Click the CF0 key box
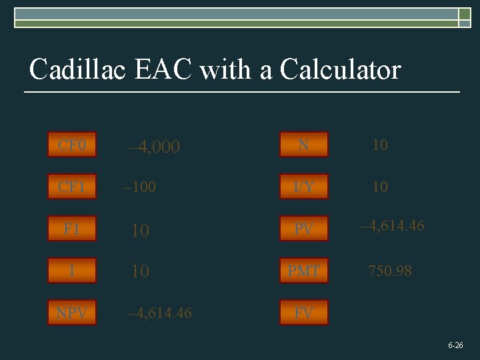coord(72,145)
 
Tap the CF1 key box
coord(72,187)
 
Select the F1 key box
coord(72,229)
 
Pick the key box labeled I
coord(72,271)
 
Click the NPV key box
coord(72,313)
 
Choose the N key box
coord(304,145)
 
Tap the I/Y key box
coord(304,187)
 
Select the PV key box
coord(304,229)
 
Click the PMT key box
coord(304,271)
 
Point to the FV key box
coord(304,313)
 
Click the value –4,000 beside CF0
coord(154,147)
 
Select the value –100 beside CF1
coord(140,187)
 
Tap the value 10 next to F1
coord(140,231)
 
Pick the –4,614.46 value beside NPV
coord(160,313)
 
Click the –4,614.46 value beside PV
coord(392,226)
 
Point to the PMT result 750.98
coord(390,271)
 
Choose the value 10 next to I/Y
coord(380,187)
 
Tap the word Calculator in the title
coord(341,69)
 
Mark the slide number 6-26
coord(456,345)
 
